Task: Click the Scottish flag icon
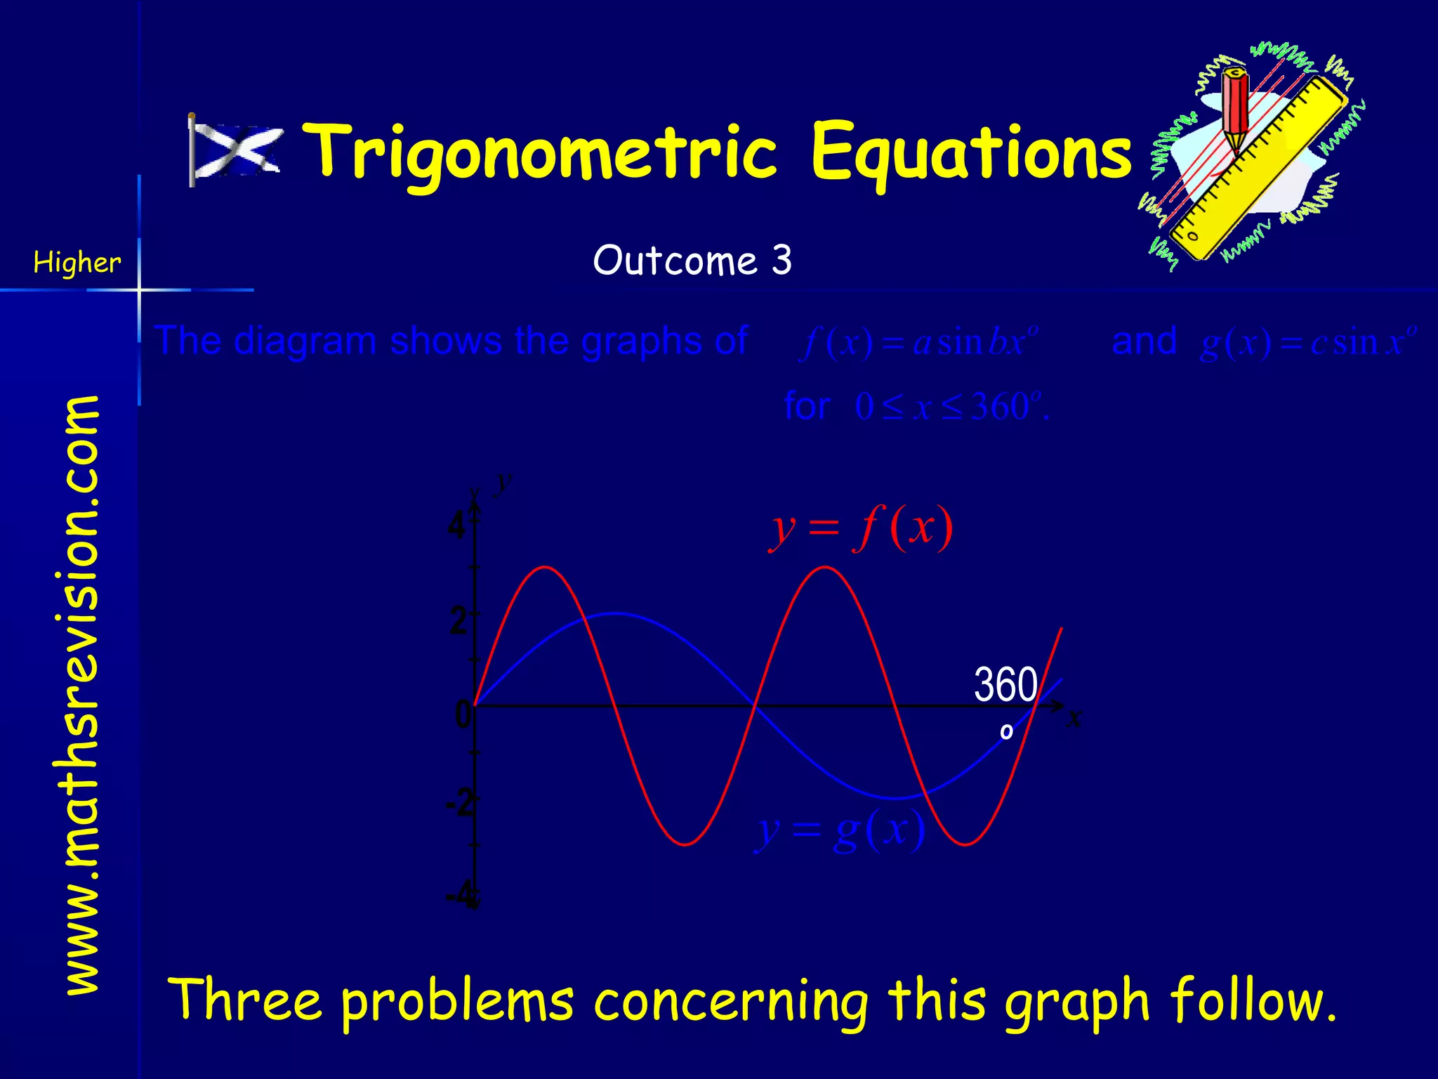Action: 236,150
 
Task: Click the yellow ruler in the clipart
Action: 1257,169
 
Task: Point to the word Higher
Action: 77,263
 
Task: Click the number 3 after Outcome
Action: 782,261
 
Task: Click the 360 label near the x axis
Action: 1005,684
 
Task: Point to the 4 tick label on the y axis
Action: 457,525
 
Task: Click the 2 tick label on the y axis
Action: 459,621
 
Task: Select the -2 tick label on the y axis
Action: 460,802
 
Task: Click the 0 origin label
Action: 463,714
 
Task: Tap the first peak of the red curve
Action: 546,567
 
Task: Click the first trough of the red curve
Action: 685,844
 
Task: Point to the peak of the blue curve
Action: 615,613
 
